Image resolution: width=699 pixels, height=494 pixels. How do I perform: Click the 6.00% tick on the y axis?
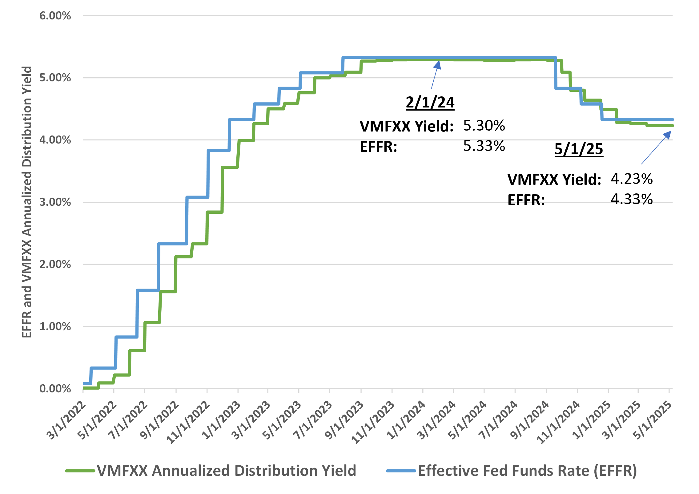coord(55,16)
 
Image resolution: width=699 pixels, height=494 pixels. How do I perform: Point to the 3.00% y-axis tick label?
coord(55,202)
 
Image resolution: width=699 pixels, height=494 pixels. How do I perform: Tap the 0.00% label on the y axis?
coord(55,389)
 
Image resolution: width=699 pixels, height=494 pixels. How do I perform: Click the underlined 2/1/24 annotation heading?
coord(430,102)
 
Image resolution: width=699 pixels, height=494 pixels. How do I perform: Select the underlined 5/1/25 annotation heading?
coord(579,149)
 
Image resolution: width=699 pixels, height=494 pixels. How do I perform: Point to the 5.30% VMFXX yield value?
coord(484,126)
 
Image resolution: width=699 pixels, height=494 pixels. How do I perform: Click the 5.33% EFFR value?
coord(484,146)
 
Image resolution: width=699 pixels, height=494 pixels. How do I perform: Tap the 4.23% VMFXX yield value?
coord(632,179)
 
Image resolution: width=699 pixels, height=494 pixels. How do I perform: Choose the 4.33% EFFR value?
coord(632,199)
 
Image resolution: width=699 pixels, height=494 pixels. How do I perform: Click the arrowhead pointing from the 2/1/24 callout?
coord(438,64)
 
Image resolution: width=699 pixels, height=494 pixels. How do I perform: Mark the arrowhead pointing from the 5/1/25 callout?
coord(668,135)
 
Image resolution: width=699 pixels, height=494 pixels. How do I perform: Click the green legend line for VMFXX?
coord(80,471)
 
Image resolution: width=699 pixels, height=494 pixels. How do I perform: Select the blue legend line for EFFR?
coord(401,471)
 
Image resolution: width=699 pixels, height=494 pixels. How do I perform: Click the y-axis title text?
coord(27,202)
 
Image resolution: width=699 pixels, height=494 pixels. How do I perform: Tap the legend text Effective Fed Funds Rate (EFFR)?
coord(527,471)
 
